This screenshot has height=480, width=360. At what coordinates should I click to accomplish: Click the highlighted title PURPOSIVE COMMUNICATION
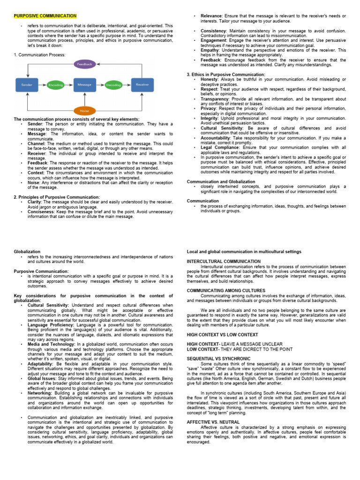point(45,16)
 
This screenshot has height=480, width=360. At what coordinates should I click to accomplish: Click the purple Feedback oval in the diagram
point(85,64)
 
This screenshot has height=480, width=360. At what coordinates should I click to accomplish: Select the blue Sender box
point(27,85)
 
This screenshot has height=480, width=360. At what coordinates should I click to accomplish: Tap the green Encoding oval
point(56,85)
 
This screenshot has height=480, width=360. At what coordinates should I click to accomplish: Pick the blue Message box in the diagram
point(84,85)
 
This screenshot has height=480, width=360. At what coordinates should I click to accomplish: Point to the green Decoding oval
point(113,85)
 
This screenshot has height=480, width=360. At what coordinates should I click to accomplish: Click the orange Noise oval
point(85,111)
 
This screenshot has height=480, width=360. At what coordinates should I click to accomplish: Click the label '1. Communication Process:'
point(40,55)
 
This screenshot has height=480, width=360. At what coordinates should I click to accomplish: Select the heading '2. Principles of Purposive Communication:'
point(57,197)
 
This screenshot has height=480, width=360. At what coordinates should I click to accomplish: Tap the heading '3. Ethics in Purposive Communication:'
point(226,75)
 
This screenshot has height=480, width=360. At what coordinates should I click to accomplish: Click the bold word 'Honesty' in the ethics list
point(210,79)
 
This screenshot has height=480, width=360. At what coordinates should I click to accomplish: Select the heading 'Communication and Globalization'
point(221,181)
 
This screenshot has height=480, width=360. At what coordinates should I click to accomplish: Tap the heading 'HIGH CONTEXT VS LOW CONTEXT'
point(222,334)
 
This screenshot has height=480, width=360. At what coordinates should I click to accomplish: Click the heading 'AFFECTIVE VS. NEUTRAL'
point(213,422)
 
